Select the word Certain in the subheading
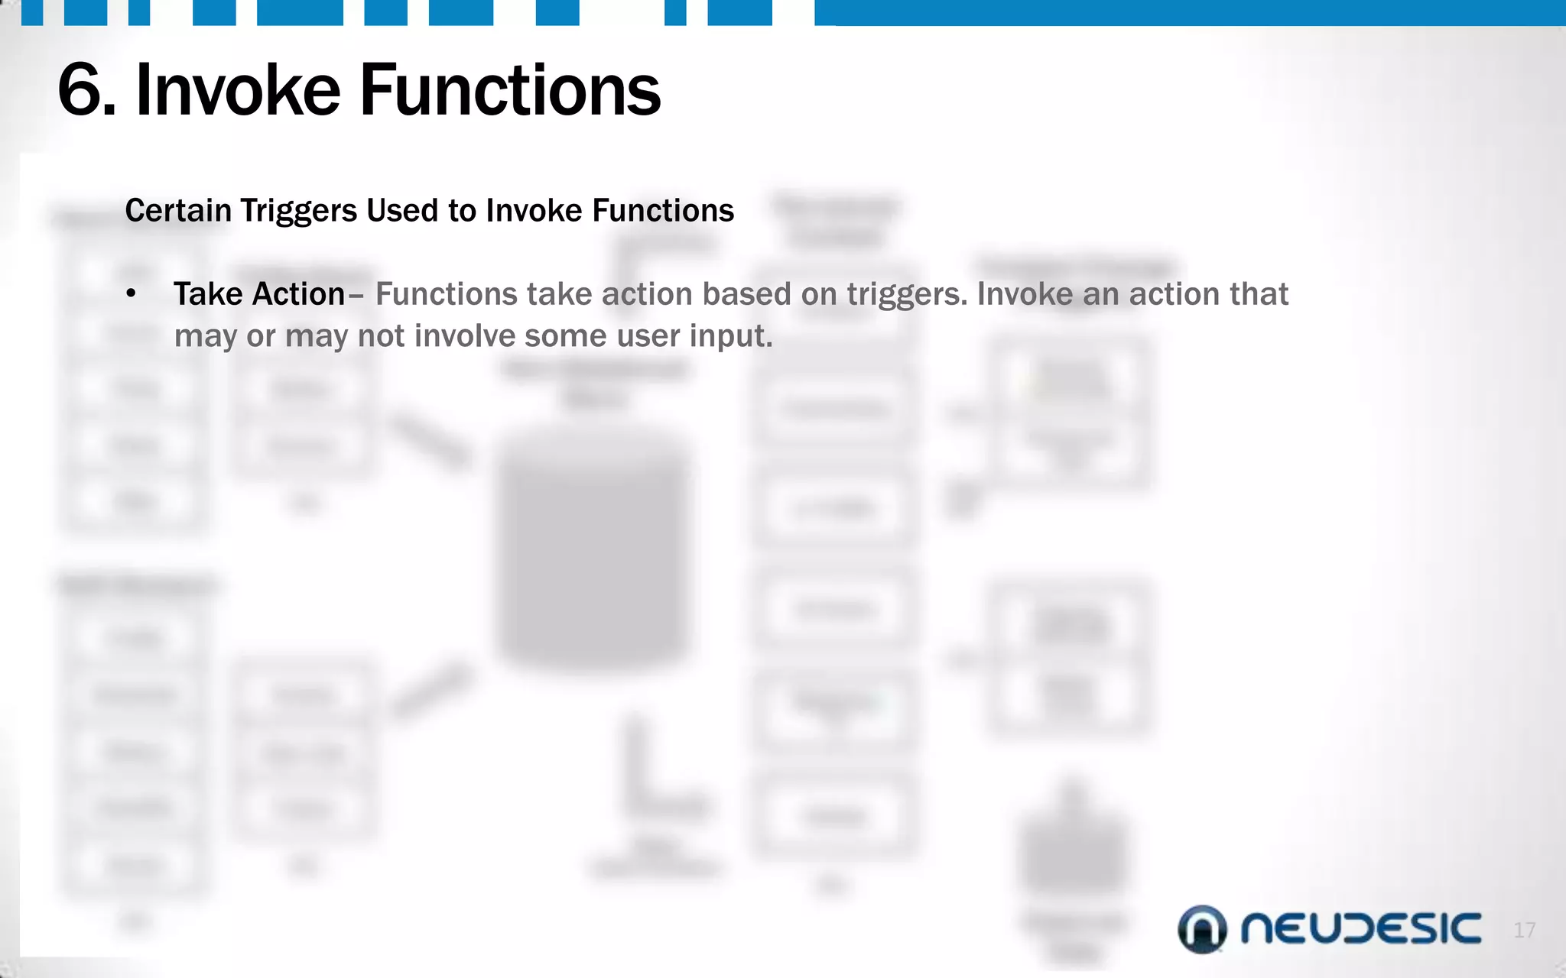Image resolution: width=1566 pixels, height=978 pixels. tap(177, 210)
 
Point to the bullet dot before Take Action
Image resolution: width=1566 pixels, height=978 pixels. tap(132, 294)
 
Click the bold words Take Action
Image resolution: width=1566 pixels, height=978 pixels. tap(259, 294)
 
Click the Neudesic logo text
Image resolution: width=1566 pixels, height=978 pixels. tap(1360, 929)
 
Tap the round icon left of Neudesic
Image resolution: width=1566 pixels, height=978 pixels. tap(1202, 929)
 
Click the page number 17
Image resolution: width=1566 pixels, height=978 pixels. tap(1524, 930)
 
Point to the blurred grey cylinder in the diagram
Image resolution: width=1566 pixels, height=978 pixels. tap(594, 550)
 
